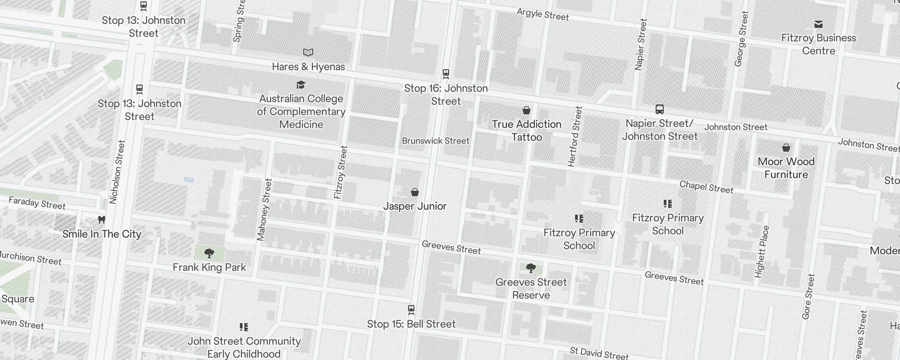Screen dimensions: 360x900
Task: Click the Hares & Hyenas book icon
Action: point(308,53)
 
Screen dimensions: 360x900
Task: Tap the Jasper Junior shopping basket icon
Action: point(415,193)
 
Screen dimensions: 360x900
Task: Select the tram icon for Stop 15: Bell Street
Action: point(411,310)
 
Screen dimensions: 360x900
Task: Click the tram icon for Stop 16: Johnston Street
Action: point(446,73)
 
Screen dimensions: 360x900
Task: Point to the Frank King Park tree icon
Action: point(209,253)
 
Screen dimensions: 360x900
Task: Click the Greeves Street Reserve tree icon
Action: point(531,268)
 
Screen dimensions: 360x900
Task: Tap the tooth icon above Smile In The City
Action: point(102,220)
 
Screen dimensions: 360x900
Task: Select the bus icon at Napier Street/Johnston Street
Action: point(660,109)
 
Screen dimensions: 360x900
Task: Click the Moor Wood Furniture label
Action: point(786,168)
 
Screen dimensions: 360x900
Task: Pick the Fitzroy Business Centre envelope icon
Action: point(819,24)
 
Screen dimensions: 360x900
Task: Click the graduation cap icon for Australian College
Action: point(301,85)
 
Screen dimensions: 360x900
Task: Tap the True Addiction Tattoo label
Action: point(526,130)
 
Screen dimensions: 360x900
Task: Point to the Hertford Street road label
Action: point(575,136)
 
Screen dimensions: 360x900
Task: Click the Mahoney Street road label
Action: point(264,209)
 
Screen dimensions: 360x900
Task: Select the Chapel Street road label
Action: point(706,187)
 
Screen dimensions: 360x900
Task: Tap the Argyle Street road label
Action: point(543,14)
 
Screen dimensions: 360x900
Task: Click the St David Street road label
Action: point(598,353)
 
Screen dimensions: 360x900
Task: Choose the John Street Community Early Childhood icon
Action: point(244,327)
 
